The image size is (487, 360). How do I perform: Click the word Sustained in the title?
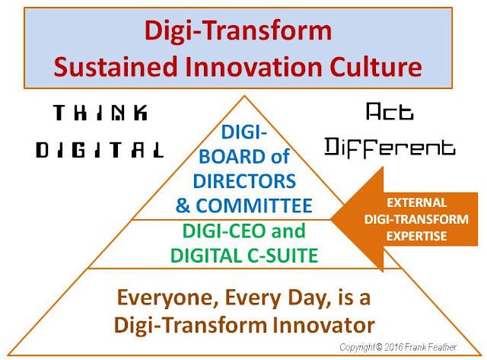point(116,67)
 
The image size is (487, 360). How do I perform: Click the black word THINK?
point(100,113)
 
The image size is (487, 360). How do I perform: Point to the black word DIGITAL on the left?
point(100,150)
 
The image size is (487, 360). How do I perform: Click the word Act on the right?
point(390,112)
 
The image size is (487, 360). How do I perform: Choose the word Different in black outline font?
point(390,148)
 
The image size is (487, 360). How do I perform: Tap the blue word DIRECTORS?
point(244,181)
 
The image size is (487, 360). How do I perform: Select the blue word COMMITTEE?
point(254,205)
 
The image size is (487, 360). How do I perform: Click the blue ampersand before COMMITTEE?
point(183,205)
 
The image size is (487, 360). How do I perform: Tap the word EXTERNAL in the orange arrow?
point(416,202)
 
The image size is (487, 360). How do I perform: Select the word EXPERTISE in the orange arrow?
point(416,236)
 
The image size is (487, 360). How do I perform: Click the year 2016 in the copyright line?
point(393,347)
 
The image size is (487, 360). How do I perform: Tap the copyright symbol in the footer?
point(379,347)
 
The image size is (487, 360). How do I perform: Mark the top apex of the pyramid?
point(245,96)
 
